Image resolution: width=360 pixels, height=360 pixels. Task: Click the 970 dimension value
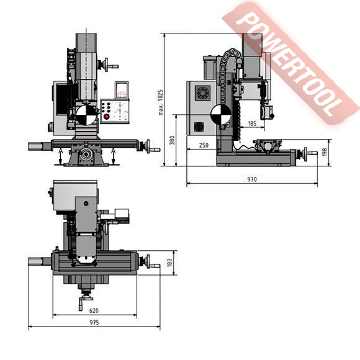click(x=252, y=179)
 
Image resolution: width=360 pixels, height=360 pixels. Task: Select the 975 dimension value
click(x=94, y=322)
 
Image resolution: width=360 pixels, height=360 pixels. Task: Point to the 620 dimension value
click(x=94, y=310)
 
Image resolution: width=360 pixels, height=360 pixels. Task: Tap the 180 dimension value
click(x=169, y=263)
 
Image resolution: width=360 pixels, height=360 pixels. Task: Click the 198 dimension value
click(x=324, y=152)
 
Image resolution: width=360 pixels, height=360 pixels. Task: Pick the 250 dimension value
click(x=204, y=145)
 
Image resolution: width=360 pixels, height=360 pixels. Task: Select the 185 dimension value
click(x=252, y=124)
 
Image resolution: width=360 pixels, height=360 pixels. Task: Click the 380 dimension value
click(x=172, y=140)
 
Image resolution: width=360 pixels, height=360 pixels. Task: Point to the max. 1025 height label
click(x=161, y=102)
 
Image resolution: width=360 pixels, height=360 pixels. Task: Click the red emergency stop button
click(x=107, y=117)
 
